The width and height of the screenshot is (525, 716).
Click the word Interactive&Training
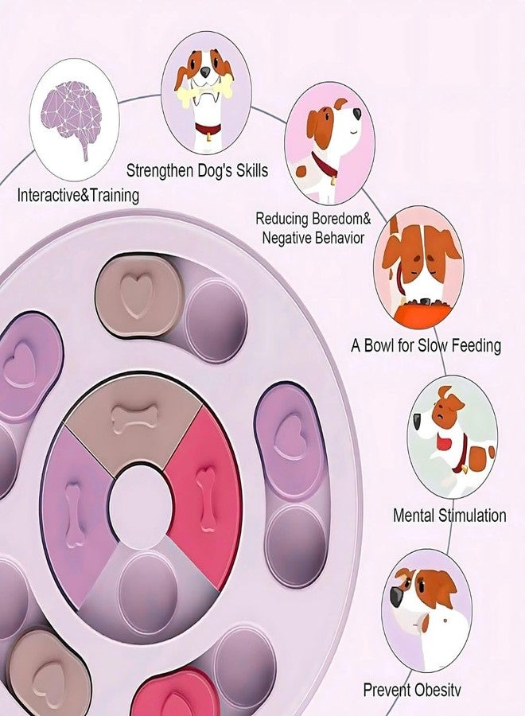pyautogui.click(x=78, y=196)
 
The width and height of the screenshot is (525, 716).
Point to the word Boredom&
pyautogui.click(x=341, y=218)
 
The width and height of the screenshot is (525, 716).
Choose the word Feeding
pyautogui.click(x=476, y=346)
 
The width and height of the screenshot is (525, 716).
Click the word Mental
pyautogui.click(x=414, y=516)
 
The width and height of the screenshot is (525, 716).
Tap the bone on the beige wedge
pyautogui.click(x=134, y=418)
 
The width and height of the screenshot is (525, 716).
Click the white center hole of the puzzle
pyautogui.click(x=141, y=507)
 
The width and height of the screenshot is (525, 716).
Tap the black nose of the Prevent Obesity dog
pyautogui.click(x=395, y=596)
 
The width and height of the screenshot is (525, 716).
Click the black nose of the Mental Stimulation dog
pyautogui.click(x=418, y=422)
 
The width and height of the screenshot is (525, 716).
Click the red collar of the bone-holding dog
pyautogui.click(x=208, y=128)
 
